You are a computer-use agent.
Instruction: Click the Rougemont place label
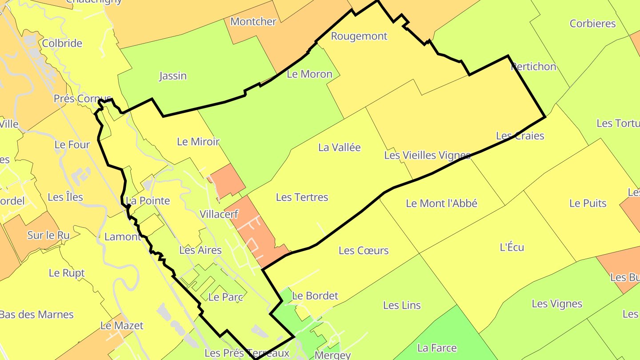[x=359, y=36]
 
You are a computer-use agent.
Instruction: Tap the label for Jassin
[x=173, y=76]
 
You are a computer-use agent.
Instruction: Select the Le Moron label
[x=309, y=74]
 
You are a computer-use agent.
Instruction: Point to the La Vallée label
[x=340, y=148]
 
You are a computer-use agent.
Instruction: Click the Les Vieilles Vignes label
[x=427, y=155]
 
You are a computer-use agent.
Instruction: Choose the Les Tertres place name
[x=302, y=197]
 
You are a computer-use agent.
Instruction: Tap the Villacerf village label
[x=219, y=214]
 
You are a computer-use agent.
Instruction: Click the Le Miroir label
[x=198, y=142]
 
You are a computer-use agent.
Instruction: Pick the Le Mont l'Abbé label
[x=441, y=204]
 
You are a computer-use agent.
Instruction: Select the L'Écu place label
[x=512, y=247]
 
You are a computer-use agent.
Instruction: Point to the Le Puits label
[x=588, y=204]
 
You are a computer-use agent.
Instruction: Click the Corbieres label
[x=592, y=24]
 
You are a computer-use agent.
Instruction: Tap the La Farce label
[x=437, y=348]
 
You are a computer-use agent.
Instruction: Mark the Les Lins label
[x=402, y=305]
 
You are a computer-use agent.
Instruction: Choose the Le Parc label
[x=225, y=297]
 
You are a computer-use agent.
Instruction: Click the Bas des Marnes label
[x=36, y=315]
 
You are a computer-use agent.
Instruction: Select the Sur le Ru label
[x=48, y=236]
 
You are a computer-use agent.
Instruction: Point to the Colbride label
[x=62, y=44]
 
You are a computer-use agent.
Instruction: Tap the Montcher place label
[x=253, y=22]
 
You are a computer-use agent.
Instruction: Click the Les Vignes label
[x=557, y=304]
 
